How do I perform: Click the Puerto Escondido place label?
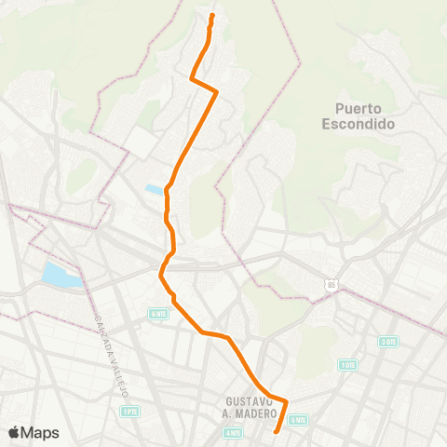(x=366, y=115)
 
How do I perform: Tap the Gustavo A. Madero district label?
(x=251, y=407)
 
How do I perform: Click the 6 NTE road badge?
(x=156, y=314)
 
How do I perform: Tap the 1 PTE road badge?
(x=129, y=411)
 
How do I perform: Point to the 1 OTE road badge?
(x=347, y=364)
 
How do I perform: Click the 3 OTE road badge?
(x=389, y=342)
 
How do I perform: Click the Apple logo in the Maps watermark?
(x=14, y=432)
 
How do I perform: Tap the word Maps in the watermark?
(x=41, y=432)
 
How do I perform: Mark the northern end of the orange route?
(x=212, y=16)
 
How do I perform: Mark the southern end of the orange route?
(x=277, y=431)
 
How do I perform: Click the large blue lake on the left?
(x=61, y=275)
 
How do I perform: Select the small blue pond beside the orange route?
(x=153, y=189)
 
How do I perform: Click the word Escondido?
(x=366, y=123)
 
